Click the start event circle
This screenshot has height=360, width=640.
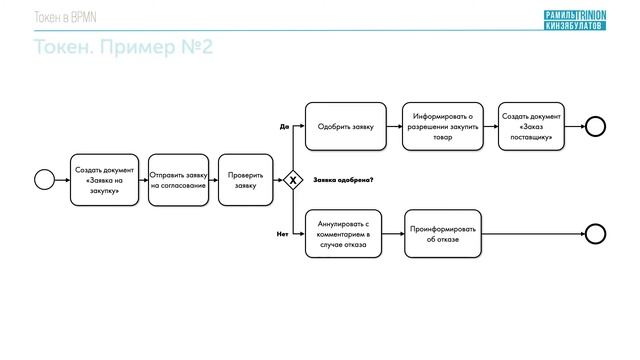point(44,180)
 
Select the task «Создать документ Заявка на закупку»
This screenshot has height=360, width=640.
point(104,180)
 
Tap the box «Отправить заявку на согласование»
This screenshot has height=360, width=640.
point(178,180)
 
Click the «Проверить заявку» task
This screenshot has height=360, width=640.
point(245,180)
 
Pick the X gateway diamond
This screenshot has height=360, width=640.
point(293,180)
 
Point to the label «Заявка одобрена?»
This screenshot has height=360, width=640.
point(343,180)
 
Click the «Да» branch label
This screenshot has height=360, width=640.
point(284,127)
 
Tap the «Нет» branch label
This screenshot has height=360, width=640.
point(283,233)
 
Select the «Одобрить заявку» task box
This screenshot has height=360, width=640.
point(345,127)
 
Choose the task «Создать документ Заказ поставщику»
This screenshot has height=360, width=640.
point(531,127)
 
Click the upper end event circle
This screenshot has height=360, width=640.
point(596,126)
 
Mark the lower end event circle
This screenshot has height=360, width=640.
point(596,234)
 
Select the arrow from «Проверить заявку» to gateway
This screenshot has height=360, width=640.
point(277,180)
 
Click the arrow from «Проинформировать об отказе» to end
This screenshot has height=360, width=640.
point(533,234)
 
